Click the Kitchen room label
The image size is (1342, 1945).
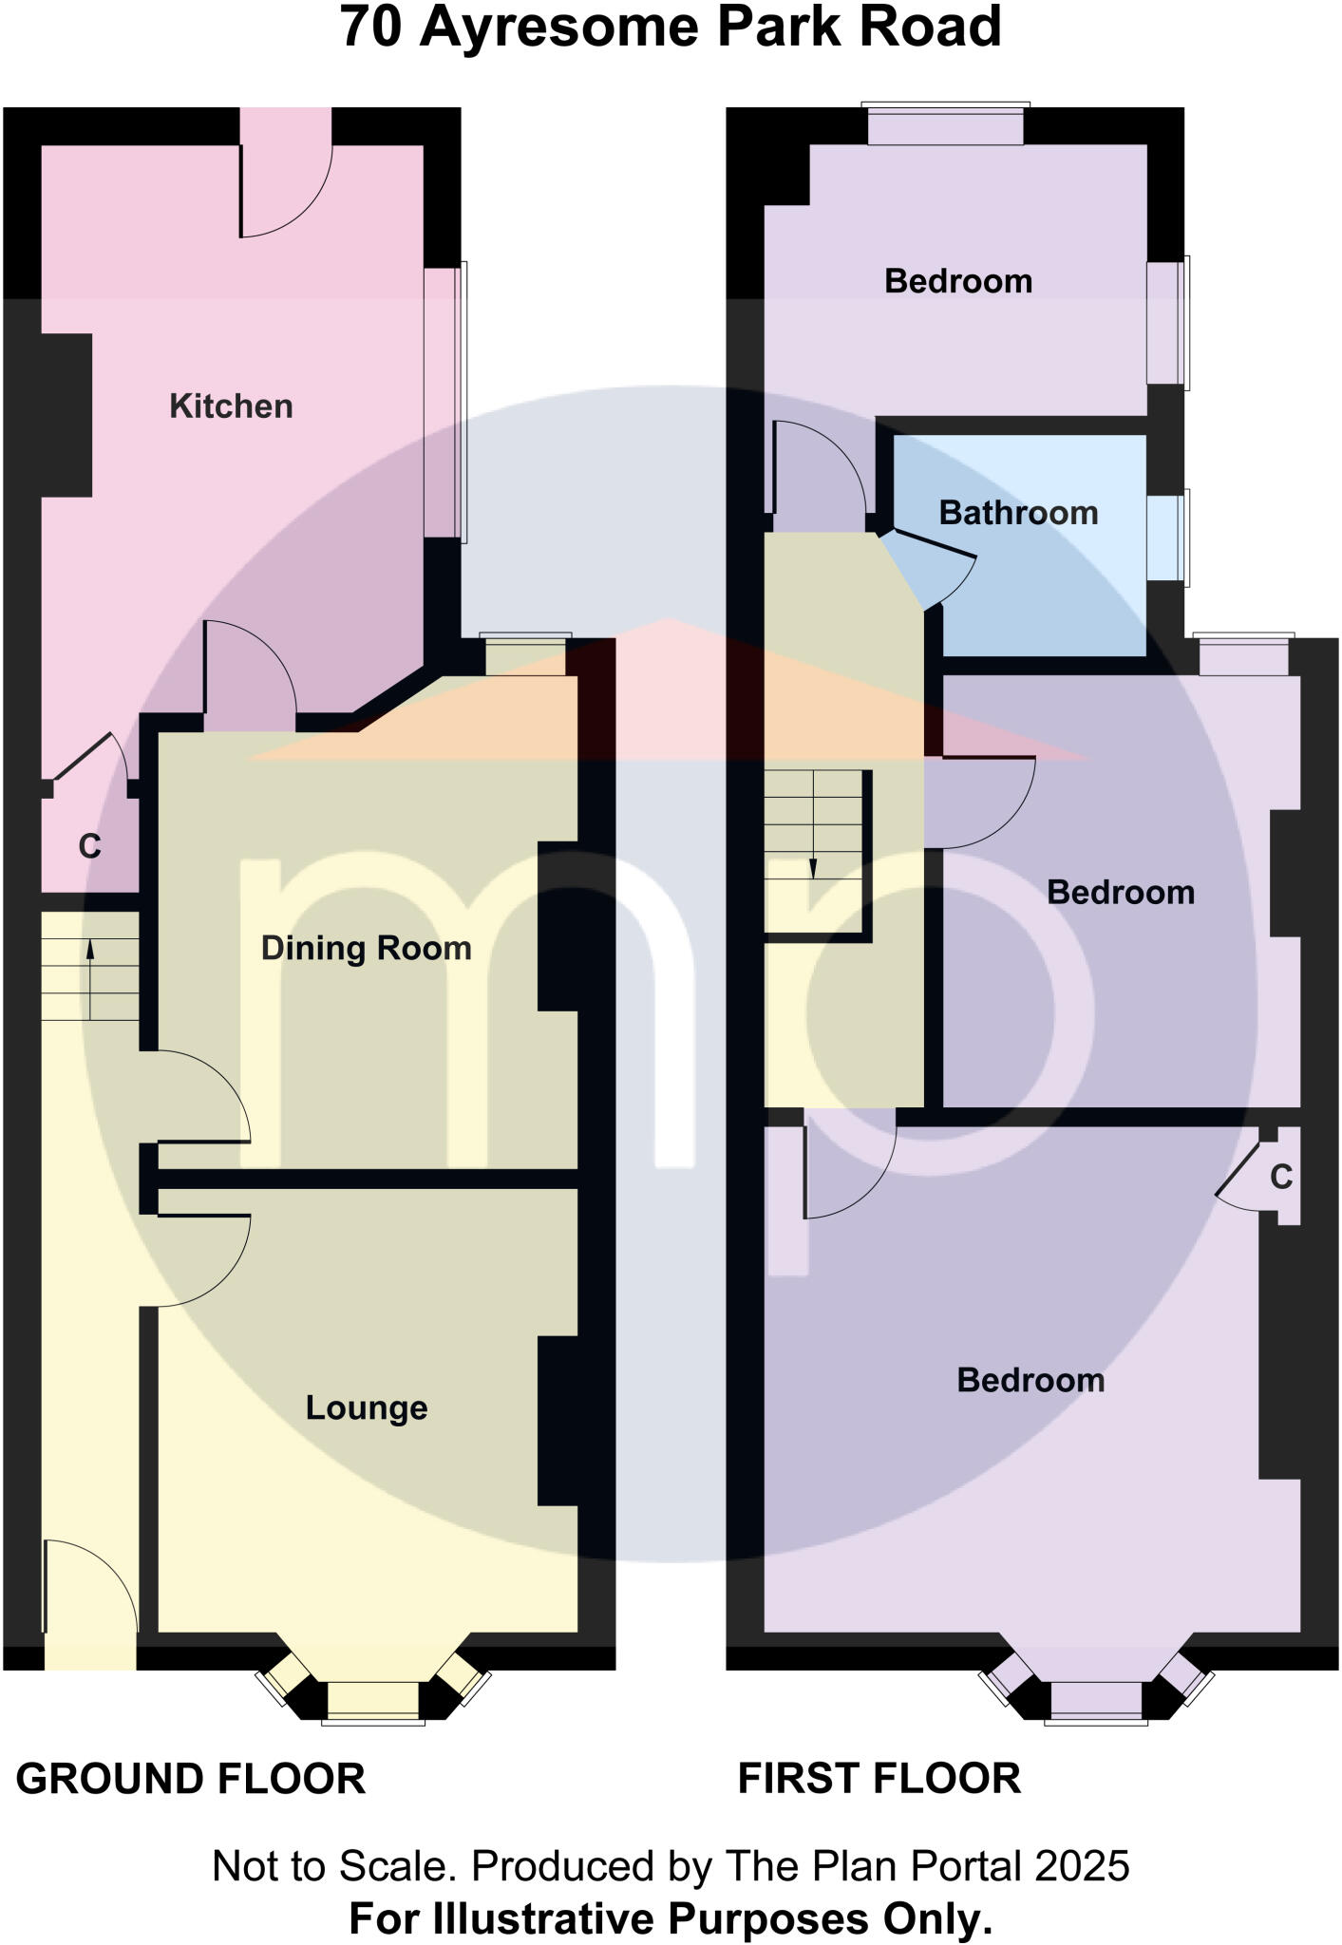tap(231, 406)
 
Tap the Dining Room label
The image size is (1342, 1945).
tap(366, 948)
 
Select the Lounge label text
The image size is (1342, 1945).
tap(366, 1407)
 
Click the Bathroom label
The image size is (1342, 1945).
tap(1018, 513)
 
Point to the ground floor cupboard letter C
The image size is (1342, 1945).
tap(89, 845)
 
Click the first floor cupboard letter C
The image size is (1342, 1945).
tap(1281, 1178)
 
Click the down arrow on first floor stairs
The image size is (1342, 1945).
tap(813, 845)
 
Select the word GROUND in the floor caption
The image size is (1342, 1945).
tap(109, 1779)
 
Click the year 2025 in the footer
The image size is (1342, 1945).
tap(1082, 1866)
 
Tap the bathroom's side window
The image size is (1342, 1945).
tap(1166, 538)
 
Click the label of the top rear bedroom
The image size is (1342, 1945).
tap(957, 281)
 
